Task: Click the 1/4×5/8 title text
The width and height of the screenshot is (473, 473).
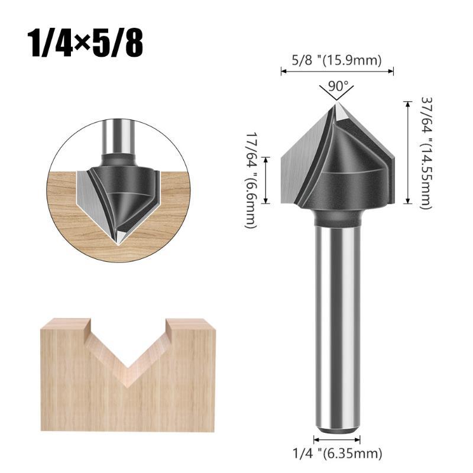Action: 85,43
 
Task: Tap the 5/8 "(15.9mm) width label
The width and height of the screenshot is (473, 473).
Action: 336,60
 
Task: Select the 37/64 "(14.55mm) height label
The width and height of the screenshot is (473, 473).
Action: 426,153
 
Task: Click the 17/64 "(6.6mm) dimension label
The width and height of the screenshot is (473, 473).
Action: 251,180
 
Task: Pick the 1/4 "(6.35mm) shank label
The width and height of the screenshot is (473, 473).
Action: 338,453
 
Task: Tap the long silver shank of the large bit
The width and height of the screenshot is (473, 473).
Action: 337,329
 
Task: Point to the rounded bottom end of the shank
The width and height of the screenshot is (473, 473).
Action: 337,431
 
